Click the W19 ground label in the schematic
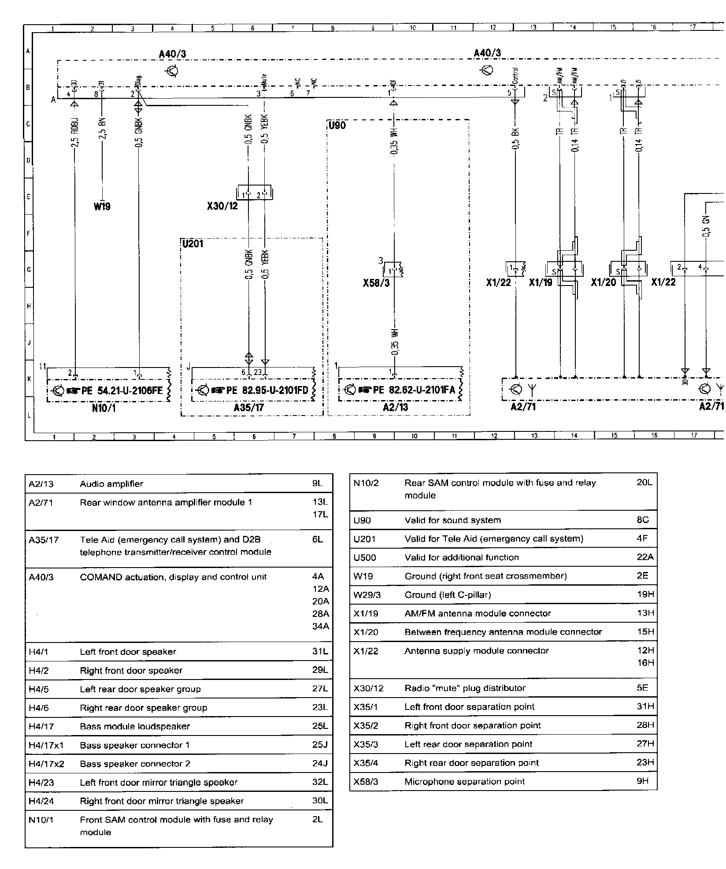pos(102,206)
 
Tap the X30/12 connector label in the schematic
pos(222,206)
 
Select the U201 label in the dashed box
pos(193,244)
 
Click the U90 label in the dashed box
pos(337,126)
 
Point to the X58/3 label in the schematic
pos(376,283)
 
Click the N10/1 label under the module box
pos(104,408)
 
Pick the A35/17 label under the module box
pos(248,408)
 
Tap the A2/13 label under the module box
pos(395,408)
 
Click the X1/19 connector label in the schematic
pos(541,282)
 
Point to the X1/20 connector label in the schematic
pos(603,282)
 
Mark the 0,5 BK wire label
pos(516,138)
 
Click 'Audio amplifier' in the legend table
pos(111,484)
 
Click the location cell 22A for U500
pos(645,557)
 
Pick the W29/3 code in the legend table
pos(367,595)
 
